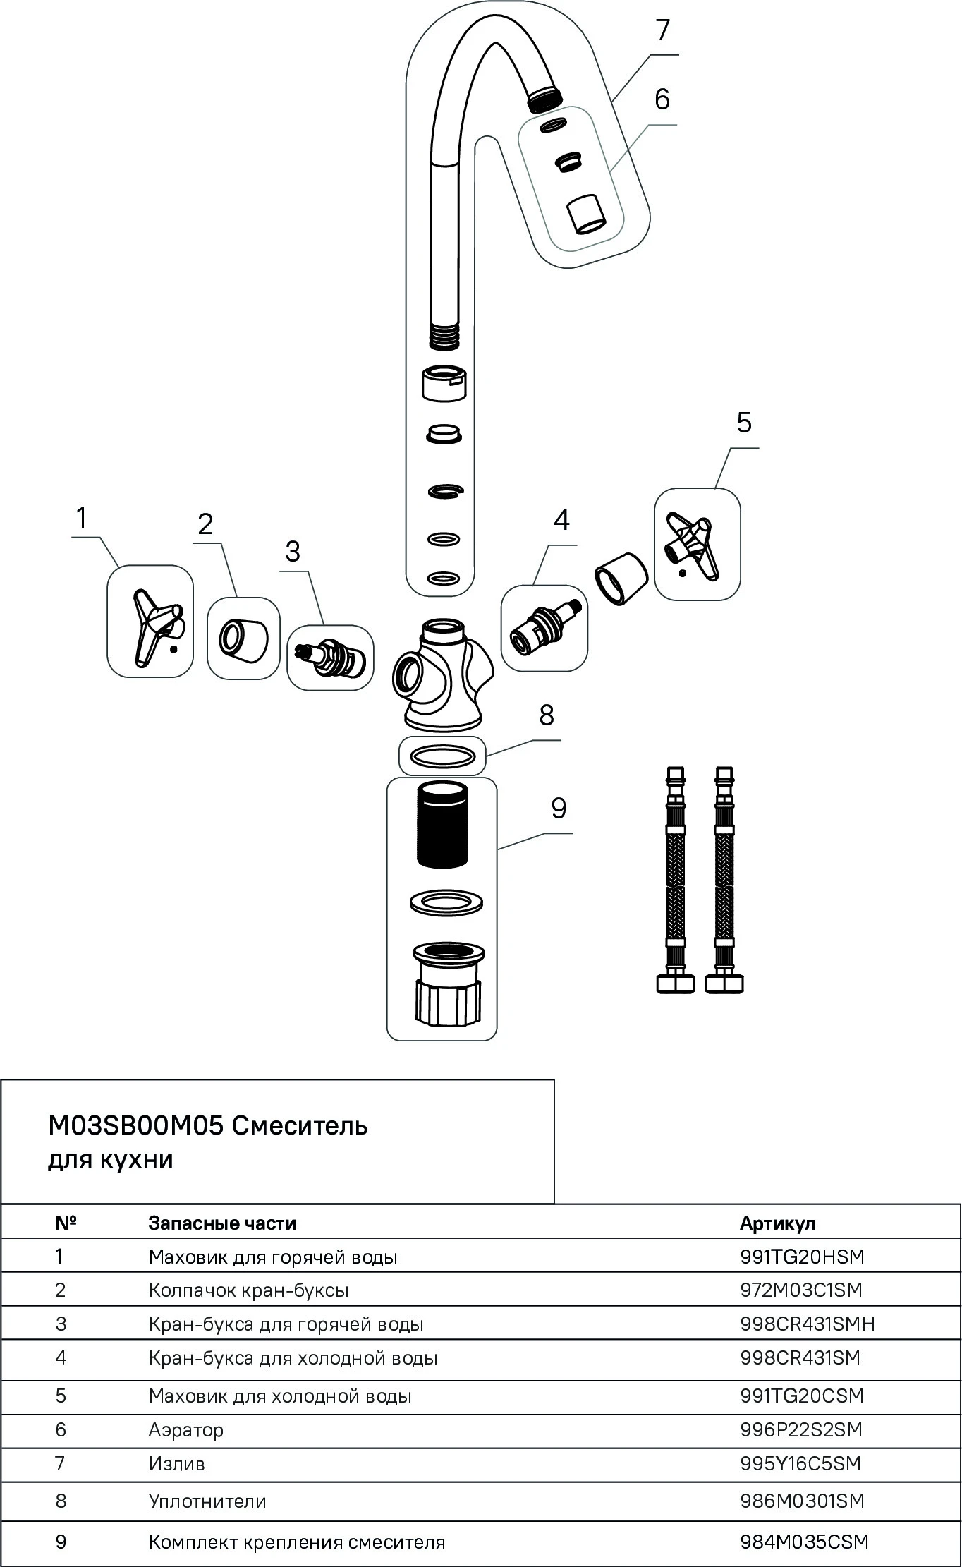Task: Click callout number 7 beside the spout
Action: click(x=662, y=31)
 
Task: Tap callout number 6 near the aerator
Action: click(x=662, y=99)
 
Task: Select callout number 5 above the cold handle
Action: click(x=744, y=423)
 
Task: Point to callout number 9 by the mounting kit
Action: click(x=559, y=808)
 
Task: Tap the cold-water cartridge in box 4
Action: click(x=544, y=625)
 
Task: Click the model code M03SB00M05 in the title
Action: click(x=135, y=1126)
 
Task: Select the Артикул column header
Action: click(x=777, y=1223)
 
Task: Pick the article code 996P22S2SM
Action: click(x=801, y=1430)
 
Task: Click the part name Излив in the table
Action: click(x=176, y=1464)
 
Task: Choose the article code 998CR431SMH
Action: click(x=808, y=1324)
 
